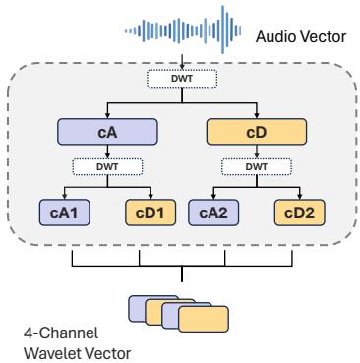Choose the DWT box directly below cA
tap(107, 167)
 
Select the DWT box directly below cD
tap(256, 167)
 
